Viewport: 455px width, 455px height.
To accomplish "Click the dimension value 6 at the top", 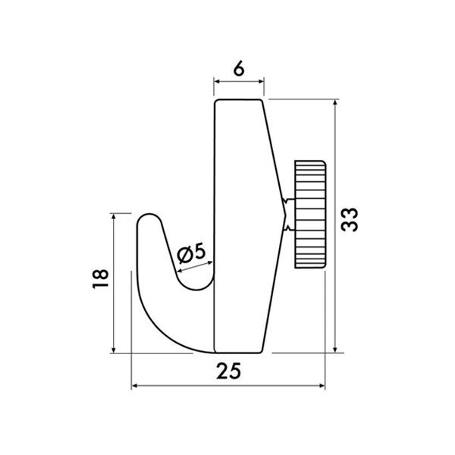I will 239,69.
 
